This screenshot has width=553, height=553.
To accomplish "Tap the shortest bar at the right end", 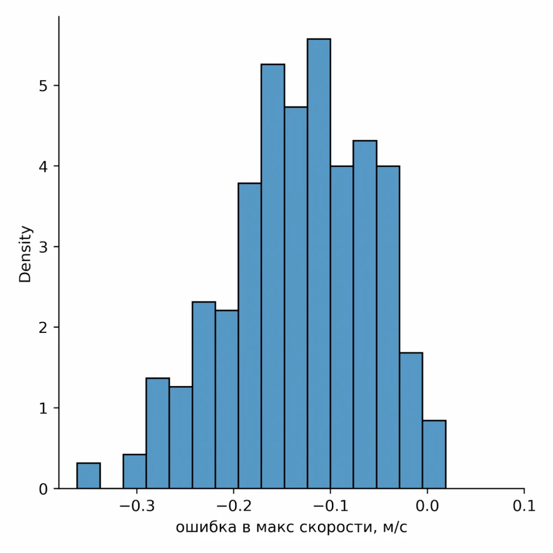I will pos(434,455).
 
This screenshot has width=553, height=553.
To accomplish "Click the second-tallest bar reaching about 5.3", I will pos(273,276).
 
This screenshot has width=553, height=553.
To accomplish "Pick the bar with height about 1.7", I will pos(411,420).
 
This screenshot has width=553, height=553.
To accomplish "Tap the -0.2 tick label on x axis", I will pos(234,505).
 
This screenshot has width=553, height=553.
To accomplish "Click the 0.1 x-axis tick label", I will pos(524,505).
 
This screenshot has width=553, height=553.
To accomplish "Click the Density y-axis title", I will pos(25,254).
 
